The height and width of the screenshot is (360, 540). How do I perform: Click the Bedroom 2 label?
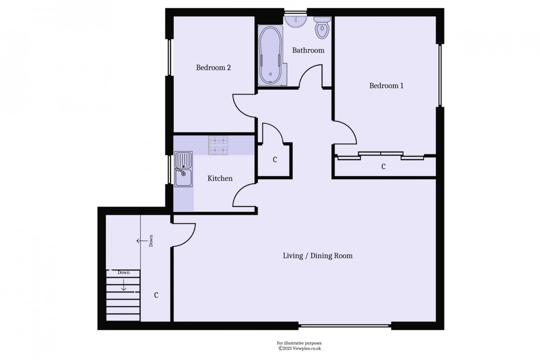tap(213, 68)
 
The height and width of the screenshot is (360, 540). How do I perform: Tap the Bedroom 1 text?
tap(386, 86)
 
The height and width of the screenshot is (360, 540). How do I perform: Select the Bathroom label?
tap(308, 50)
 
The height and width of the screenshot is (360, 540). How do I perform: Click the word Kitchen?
tap(220, 178)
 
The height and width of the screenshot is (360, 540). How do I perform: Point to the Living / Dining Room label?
tap(318, 256)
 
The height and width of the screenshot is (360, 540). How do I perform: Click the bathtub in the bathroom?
tap(270, 56)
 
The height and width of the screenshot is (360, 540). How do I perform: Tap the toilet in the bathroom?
tap(322, 28)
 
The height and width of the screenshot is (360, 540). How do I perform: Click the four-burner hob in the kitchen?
tap(218, 145)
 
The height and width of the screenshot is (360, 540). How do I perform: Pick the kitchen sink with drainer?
tap(183, 169)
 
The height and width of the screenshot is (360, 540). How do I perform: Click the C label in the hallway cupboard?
tap(275, 160)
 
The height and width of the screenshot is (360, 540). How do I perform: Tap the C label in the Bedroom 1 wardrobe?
tap(383, 166)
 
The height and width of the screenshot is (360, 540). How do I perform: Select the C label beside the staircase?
tap(156, 295)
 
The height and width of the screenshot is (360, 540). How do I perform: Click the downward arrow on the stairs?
tap(124, 285)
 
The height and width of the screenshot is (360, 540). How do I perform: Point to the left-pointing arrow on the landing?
tap(142, 241)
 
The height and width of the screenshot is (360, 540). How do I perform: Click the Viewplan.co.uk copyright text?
tap(299, 348)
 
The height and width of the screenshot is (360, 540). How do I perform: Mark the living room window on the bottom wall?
tap(345, 325)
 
